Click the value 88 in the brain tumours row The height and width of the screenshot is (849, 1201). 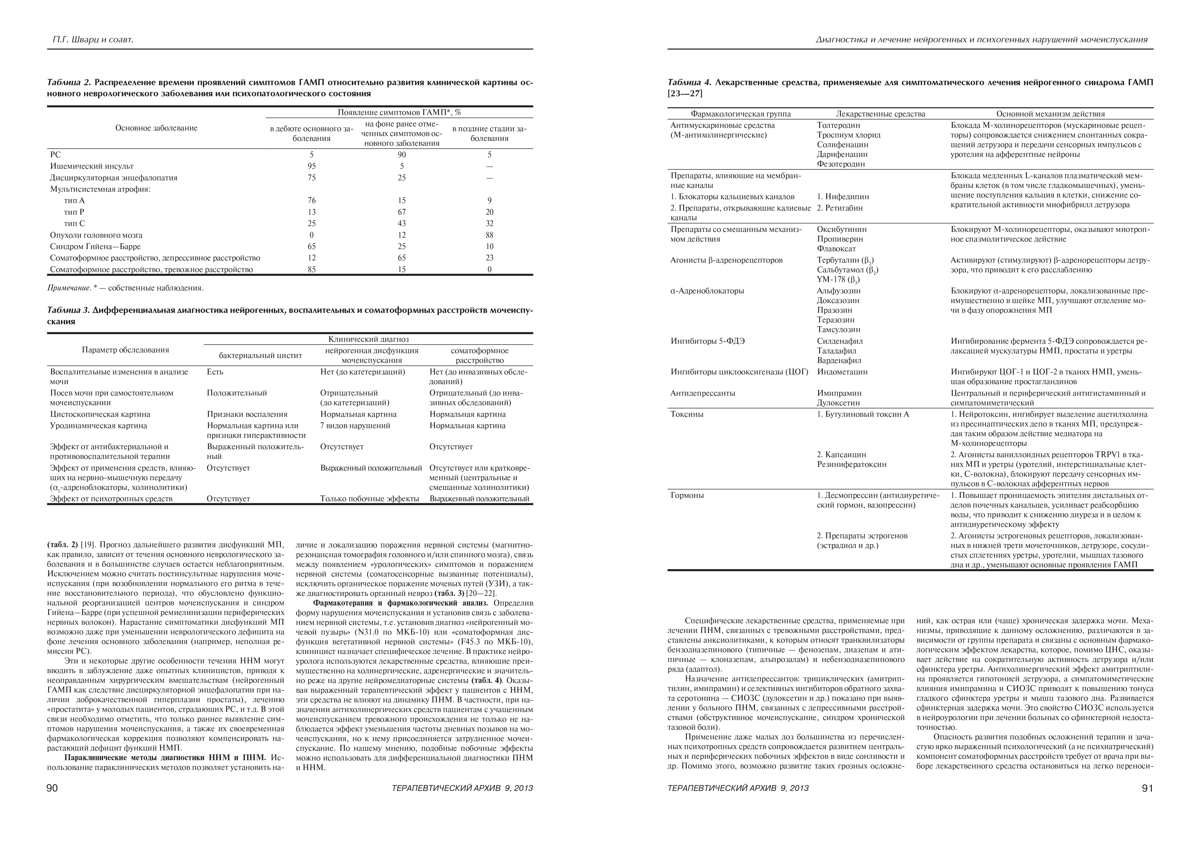click(489, 235)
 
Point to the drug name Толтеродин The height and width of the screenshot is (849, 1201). click(838, 125)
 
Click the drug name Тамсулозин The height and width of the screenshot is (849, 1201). click(839, 329)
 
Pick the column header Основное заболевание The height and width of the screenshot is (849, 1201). click(156, 128)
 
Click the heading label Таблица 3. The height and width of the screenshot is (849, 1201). click(69, 311)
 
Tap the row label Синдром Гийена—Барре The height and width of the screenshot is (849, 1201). click(95, 247)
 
